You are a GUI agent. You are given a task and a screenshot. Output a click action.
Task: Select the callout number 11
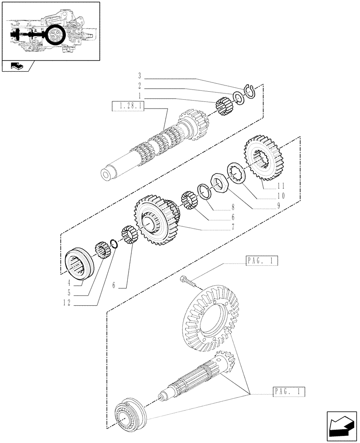click(x=281, y=186)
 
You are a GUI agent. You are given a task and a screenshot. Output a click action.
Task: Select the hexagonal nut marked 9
click(x=218, y=182)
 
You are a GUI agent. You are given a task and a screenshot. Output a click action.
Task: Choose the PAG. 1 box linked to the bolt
click(x=261, y=261)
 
